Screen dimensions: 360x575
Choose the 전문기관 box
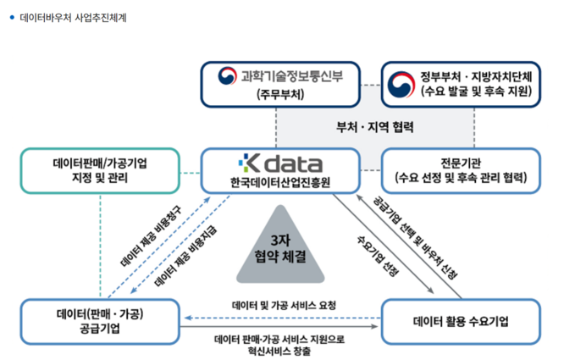point(460,169)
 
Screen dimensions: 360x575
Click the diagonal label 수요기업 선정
point(379,251)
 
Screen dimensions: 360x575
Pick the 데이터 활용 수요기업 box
point(461,321)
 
